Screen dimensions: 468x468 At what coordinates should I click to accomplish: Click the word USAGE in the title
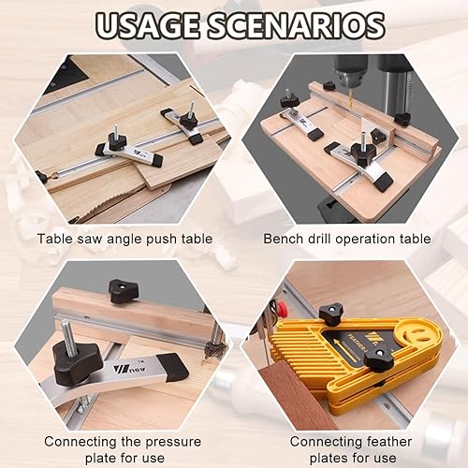pos(147,25)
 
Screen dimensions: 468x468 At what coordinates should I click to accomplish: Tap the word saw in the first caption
pos(91,239)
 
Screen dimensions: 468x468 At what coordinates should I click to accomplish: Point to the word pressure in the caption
pos(173,443)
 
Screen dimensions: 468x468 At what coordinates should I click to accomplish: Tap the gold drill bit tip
pos(350,100)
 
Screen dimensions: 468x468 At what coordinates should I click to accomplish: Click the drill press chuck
pos(349,72)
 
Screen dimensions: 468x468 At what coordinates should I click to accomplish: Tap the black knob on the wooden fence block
pos(124,291)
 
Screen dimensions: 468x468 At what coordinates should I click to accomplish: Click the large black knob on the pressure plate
pos(77,362)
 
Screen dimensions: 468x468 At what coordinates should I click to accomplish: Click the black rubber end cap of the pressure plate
pos(172,367)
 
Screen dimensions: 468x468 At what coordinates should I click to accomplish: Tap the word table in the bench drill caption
pos(415,239)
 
